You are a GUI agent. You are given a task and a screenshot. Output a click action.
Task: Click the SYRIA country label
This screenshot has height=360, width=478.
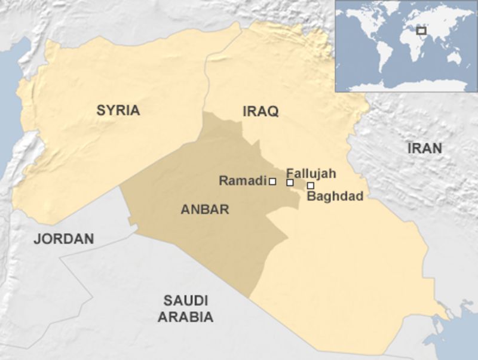[118, 110]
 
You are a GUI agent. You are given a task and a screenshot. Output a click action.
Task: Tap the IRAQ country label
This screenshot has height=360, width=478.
[261, 111]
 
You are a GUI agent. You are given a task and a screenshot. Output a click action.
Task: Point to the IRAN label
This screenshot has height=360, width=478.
[424, 148]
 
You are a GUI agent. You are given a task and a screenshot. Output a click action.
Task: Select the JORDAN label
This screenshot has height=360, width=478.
[64, 239]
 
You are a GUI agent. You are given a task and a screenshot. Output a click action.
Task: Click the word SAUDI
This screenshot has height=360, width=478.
[185, 300]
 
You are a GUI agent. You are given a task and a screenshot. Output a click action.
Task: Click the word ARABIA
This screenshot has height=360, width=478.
[185, 317]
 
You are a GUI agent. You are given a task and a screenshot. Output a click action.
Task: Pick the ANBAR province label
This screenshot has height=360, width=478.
[205, 210]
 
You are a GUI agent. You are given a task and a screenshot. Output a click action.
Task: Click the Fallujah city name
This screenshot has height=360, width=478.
[311, 173]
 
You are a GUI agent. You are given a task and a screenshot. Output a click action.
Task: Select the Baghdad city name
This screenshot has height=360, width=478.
[334, 196]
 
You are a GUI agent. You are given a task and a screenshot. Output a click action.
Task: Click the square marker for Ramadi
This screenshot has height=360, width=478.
[272, 181]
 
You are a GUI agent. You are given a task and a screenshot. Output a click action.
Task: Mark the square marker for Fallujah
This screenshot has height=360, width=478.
[290, 182]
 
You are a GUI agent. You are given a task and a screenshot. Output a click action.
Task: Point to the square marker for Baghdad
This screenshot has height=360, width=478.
[310, 186]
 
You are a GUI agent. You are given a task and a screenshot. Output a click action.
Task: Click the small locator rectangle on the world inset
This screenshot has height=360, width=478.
[421, 30]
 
